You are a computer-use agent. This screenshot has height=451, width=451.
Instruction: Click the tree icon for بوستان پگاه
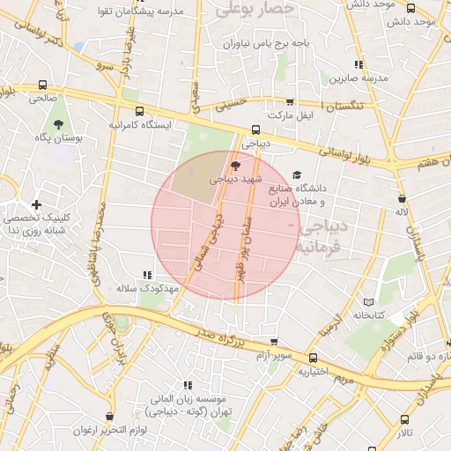(x=59, y=124)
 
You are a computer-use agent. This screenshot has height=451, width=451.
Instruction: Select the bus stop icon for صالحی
(x=43, y=85)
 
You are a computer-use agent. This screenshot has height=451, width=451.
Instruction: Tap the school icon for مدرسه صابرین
(x=358, y=64)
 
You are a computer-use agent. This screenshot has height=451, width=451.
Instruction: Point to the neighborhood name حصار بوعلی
(x=255, y=10)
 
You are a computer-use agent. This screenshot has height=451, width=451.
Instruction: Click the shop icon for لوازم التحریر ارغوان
(x=109, y=417)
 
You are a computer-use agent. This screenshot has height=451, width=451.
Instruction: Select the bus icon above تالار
(x=404, y=420)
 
